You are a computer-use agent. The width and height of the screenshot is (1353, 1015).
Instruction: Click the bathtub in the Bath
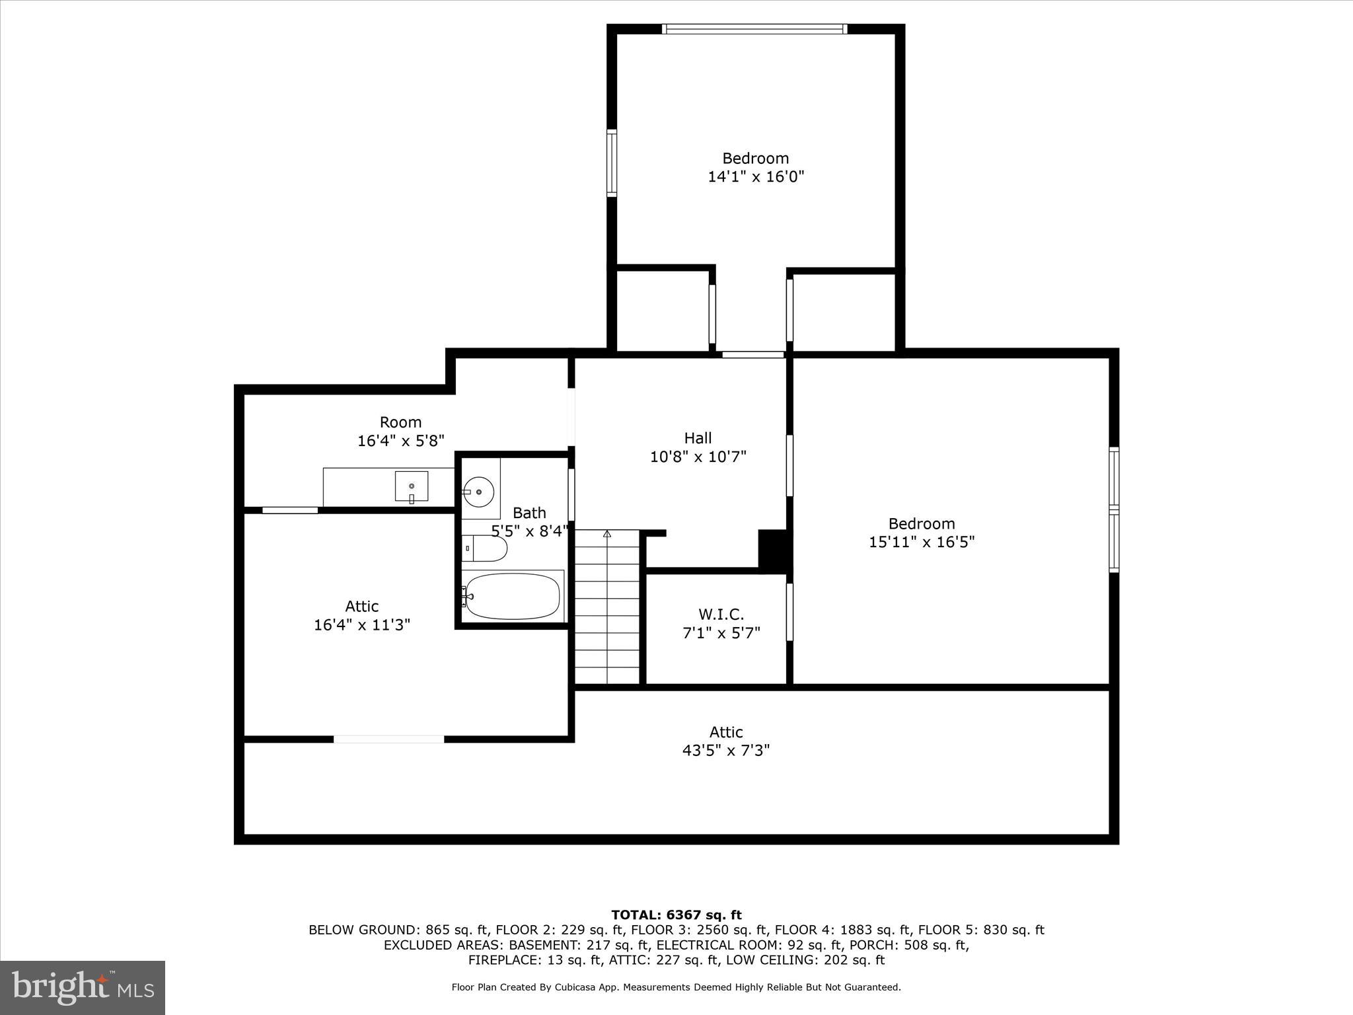coord(512,596)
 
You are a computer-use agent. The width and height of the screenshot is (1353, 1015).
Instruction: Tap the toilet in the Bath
coord(488,548)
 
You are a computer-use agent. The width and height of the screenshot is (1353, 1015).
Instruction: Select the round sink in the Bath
coord(478,492)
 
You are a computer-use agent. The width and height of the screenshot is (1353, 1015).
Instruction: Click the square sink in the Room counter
coord(412,486)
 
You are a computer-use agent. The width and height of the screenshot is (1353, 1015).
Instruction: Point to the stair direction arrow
coord(607,533)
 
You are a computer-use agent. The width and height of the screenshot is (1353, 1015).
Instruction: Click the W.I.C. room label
coord(721,615)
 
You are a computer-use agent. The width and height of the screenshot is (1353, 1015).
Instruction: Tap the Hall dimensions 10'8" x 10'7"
coord(698,457)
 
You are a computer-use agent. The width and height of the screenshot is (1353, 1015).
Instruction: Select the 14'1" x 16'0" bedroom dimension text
coord(756,176)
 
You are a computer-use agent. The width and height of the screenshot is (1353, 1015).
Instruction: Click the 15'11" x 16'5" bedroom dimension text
coord(922,542)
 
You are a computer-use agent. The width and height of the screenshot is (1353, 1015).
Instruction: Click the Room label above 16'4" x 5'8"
coord(400,422)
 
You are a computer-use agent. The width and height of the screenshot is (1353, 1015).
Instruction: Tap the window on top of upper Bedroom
coord(754,29)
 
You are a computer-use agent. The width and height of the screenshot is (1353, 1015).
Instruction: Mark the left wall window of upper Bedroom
coord(612,163)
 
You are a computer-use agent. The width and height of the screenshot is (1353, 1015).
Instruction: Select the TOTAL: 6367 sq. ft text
coord(676,915)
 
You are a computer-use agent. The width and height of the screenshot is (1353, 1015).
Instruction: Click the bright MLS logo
coord(83,987)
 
